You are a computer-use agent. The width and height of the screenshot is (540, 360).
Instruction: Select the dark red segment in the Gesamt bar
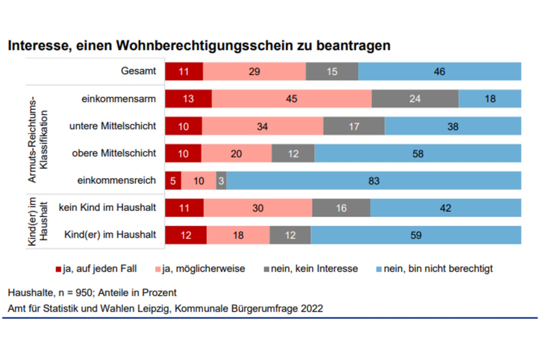(184, 72)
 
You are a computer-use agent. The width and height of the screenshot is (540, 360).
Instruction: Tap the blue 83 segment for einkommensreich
(373, 181)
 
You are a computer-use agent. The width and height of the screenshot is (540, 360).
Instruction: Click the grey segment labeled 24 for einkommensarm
(415, 99)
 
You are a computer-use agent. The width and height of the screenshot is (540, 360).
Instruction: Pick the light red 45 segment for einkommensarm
(291, 99)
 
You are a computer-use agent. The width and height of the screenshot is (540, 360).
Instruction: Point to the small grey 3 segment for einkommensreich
(221, 181)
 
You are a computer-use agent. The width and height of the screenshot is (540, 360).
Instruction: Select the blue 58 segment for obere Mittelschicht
(417, 153)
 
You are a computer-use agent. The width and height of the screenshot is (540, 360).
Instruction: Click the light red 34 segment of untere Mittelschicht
(262, 126)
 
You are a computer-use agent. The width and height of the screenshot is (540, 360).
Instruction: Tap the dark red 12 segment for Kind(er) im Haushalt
(186, 235)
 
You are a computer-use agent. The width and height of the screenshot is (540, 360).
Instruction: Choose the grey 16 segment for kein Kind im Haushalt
(341, 208)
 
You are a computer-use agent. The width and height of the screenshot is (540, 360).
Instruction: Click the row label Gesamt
(138, 72)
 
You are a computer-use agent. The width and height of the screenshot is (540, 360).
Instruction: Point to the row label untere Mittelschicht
(113, 126)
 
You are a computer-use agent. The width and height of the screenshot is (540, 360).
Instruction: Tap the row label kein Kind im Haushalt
(107, 208)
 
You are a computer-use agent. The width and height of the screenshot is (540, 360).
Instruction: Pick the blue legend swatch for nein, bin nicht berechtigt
(379, 269)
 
